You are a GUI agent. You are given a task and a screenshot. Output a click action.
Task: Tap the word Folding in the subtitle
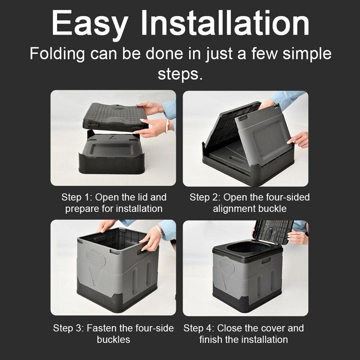[57, 54]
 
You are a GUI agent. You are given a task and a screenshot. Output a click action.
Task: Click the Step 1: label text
[77, 197]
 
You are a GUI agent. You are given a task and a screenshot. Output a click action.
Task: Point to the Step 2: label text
[205, 197]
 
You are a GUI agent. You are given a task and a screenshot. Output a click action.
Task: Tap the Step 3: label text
[68, 328]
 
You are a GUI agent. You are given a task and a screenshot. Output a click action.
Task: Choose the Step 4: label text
[199, 328]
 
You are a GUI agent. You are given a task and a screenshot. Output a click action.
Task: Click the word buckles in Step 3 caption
[113, 339]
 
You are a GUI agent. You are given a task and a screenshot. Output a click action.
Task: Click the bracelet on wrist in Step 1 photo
[167, 126]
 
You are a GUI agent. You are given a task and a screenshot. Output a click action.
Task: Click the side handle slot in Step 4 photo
[266, 260]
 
